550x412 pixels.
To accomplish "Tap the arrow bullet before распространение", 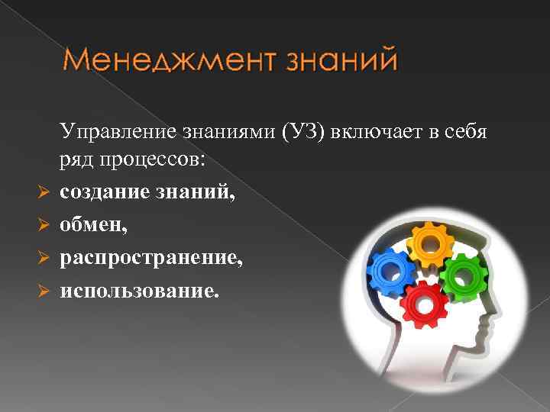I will click(44, 259).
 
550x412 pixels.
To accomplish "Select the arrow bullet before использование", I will click(44, 291).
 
